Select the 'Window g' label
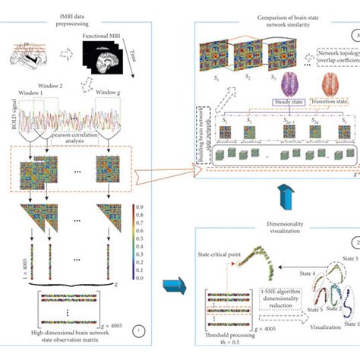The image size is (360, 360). (112, 93)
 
